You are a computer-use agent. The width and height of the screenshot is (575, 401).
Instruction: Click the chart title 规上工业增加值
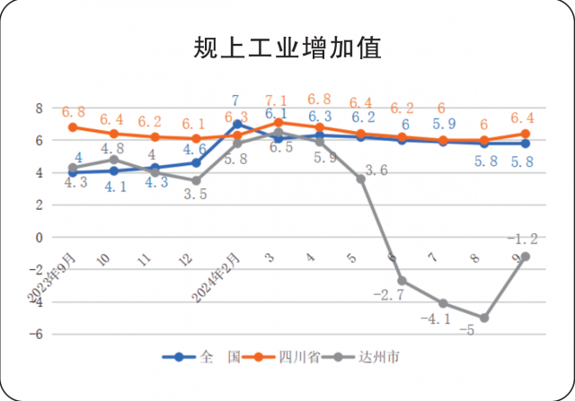point(287,48)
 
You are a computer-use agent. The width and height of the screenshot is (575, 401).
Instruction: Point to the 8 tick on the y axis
point(39,108)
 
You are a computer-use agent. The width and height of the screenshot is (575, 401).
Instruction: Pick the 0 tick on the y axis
point(39,238)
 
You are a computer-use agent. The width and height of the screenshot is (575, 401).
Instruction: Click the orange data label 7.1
point(277,100)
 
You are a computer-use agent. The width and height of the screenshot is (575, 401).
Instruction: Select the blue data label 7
point(235,100)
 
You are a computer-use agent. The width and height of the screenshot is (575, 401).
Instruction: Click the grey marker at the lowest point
point(484,318)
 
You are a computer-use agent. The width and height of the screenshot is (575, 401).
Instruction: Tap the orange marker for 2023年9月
point(73,127)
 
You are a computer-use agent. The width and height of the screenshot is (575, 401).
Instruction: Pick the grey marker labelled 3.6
point(361,179)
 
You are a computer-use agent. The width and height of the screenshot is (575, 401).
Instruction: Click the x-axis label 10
point(104,260)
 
